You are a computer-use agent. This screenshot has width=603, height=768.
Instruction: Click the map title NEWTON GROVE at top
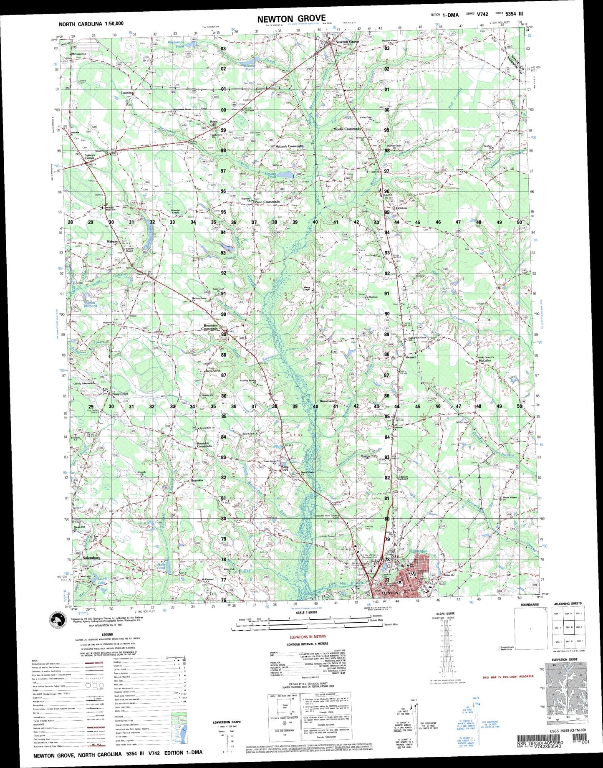[x=291, y=18]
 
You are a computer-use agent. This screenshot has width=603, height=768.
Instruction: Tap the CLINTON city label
[x=390, y=593]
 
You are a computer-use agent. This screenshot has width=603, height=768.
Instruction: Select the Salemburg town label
[x=92, y=558]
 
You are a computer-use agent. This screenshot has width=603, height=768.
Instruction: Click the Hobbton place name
[x=400, y=208]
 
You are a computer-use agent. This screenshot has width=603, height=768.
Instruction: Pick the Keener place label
[x=411, y=357]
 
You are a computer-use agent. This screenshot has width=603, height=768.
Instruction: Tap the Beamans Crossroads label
[x=210, y=327]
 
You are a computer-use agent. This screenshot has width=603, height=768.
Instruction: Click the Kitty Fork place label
[x=285, y=468]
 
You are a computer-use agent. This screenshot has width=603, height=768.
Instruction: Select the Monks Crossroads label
[x=347, y=129]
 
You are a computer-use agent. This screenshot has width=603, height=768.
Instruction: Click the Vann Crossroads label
[x=267, y=202]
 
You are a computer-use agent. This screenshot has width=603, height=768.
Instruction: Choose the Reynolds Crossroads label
[x=204, y=444]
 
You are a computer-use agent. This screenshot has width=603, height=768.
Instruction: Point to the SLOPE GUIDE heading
[x=444, y=613]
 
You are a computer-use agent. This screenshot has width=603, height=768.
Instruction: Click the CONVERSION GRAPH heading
[x=227, y=722]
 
